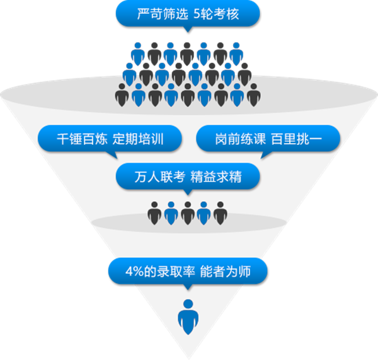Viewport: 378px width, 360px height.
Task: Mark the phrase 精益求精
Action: (x=217, y=178)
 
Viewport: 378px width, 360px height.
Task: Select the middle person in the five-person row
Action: (x=187, y=212)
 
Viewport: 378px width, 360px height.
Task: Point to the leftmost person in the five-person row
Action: (x=154, y=212)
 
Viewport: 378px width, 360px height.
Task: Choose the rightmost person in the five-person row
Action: (x=220, y=212)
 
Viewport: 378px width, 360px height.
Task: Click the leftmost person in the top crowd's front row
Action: (x=122, y=94)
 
